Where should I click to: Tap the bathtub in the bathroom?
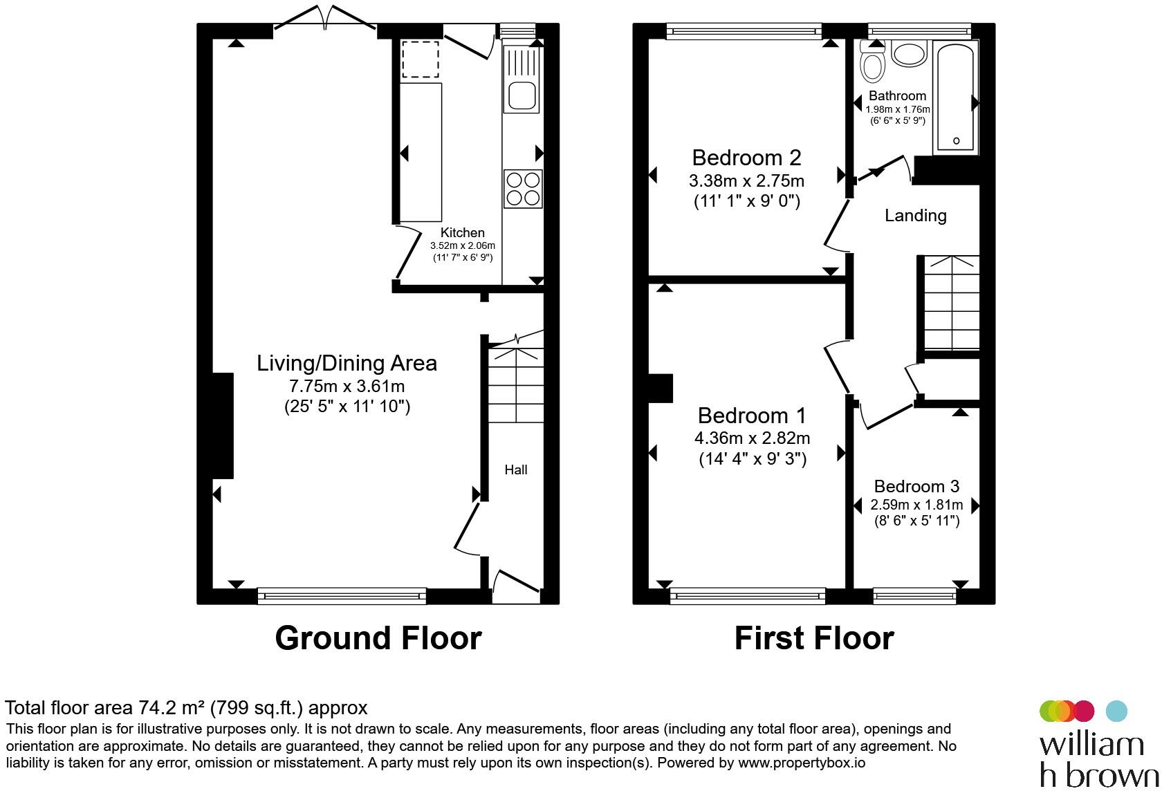(956, 97)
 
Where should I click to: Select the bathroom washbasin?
(910, 53)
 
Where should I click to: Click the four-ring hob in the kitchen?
(523, 189)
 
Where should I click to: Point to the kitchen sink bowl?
(522, 97)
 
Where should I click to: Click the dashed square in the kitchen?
(421, 59)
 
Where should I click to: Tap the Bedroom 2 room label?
(746, 158)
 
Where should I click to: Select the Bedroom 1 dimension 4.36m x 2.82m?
(753, 438)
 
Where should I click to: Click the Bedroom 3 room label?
(916, 486)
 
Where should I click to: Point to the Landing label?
(916, 215)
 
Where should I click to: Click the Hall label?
(516, 470)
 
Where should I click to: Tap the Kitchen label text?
(462, 232)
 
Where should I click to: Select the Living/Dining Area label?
(347, 363)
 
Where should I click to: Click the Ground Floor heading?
(378, 638)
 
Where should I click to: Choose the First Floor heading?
(814, 638)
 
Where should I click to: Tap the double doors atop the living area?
(325, 17)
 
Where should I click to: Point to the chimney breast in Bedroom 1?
(661, 388)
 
